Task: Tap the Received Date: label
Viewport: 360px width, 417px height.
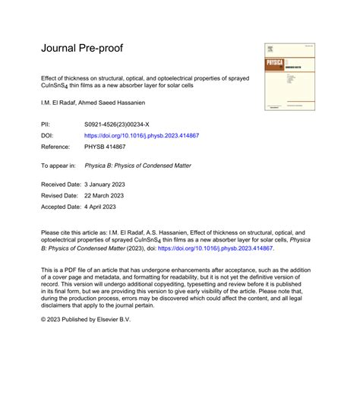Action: [x=61, y=184]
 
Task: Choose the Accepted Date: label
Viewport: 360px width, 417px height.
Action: [x=61, y=207]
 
